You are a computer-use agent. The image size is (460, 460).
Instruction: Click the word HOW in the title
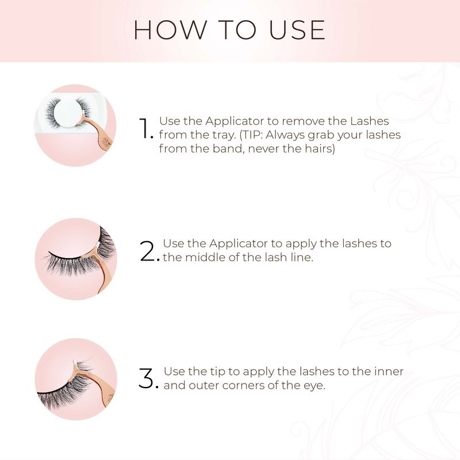point(170,30)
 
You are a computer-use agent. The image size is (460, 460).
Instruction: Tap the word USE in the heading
point(297,30)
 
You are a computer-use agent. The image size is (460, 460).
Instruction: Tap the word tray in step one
point(224,135)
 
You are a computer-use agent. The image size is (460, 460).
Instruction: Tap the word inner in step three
point(389,371)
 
